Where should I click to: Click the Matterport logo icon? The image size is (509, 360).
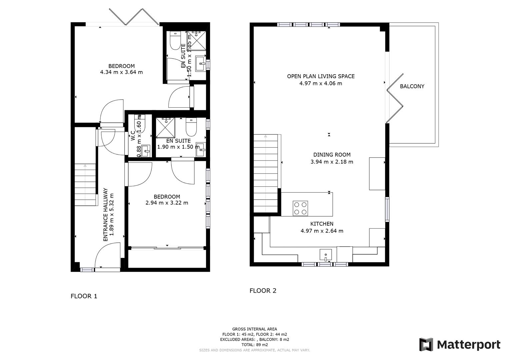[426, 344]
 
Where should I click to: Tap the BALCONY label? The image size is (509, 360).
[412, 86]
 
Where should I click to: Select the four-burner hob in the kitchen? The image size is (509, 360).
[300, 208]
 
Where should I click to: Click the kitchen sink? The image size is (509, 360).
[325, 255]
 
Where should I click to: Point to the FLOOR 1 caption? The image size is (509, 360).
[84, 296]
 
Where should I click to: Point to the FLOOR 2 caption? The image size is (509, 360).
[263, 291]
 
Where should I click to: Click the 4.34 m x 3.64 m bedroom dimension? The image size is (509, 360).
[121, 72]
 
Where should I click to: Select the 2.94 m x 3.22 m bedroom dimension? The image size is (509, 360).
[167, 203]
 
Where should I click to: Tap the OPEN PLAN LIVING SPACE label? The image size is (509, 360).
[321, 76]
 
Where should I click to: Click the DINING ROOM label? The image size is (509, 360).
[332, 155]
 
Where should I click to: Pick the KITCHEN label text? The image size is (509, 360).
[322, 224]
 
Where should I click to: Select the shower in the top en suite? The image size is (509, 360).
[197, 41]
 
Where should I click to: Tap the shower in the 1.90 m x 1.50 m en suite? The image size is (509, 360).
[166, 127]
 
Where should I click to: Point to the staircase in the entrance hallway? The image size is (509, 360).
[85, 185]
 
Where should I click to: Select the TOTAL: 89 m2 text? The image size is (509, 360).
[255, 345]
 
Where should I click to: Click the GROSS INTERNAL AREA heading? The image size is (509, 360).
[255, 329]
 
